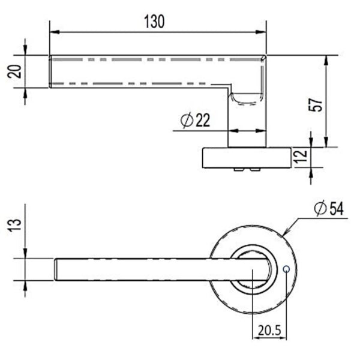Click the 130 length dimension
(x=155, y=21)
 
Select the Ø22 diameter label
(x=195, y=121)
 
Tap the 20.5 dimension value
(x=270, y=330)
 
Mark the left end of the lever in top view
(x=58, y=269)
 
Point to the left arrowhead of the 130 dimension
(x=53, y=31)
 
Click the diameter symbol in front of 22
(x=185, y=121)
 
